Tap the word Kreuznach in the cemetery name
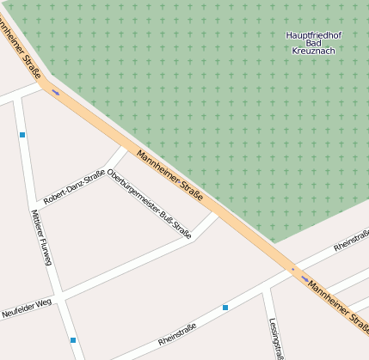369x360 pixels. click(x=313, y=51)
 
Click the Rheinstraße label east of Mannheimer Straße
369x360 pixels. click(x=350, y=241)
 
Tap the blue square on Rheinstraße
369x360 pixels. click(x=225, y=307)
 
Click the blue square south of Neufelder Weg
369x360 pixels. click(x=73, y=340)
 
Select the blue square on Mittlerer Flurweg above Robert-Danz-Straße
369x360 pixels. click(x=22, y=135)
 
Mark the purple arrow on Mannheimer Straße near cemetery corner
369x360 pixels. click(x=56, y=92)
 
